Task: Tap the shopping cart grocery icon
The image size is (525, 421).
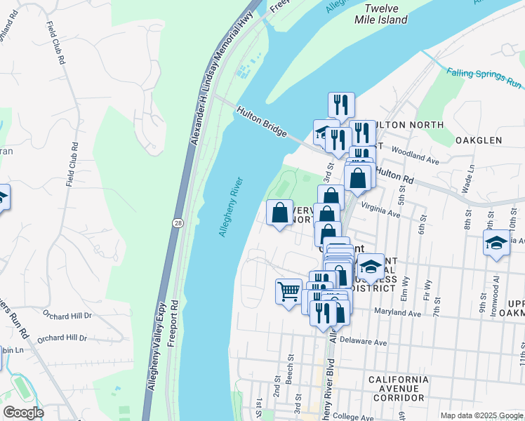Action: (x=289, y=291)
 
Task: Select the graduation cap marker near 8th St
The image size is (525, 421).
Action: (x=496, y=244)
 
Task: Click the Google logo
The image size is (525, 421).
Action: (x=23, y=412)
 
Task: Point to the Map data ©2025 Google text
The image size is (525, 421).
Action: (x=481, y=415)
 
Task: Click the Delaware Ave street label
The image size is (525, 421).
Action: (x=363, y=342)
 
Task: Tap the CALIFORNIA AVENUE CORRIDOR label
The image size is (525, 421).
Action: (x=397, y=388)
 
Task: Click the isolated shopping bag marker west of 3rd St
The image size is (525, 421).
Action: (x=279, y=212)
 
